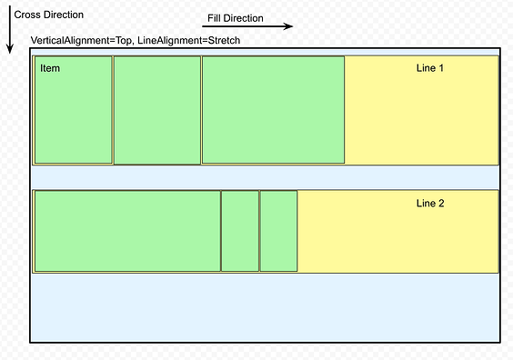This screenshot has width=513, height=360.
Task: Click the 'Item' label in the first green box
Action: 50,68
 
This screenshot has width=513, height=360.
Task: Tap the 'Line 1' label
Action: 429,68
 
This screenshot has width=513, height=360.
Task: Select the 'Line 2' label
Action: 429,203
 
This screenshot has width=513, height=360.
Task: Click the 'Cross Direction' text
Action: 48,15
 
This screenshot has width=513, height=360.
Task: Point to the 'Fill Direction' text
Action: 236,18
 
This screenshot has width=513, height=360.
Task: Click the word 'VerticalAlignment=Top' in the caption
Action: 82,42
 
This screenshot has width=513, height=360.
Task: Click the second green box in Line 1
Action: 157,110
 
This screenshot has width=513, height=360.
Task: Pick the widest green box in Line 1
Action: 273,110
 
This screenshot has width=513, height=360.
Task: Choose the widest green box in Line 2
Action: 127,231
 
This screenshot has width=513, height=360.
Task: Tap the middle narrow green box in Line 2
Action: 240,231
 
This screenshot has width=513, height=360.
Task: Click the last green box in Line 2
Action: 278,231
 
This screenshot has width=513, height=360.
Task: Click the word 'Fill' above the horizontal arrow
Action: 215,18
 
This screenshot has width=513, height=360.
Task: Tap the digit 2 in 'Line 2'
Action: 441,203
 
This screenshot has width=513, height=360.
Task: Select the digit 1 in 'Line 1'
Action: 441,68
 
